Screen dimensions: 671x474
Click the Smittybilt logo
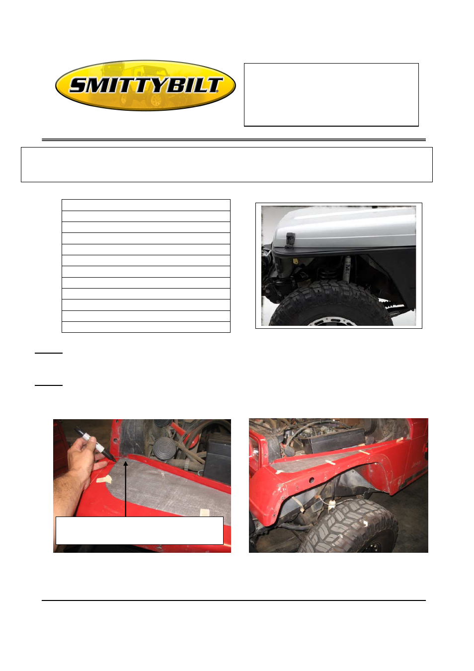coord(145,85)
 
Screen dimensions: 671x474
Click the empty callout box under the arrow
coord(139,530)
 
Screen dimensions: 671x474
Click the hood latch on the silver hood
coord(290,238)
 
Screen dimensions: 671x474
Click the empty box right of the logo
coord(331,94)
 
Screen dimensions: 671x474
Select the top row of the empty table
coord(146,205)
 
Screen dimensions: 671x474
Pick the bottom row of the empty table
coord(146,327)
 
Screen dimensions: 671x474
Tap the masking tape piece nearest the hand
coord(104,479)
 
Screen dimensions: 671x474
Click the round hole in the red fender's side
coord(311,480)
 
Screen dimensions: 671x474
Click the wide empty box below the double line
coord(227,164)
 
